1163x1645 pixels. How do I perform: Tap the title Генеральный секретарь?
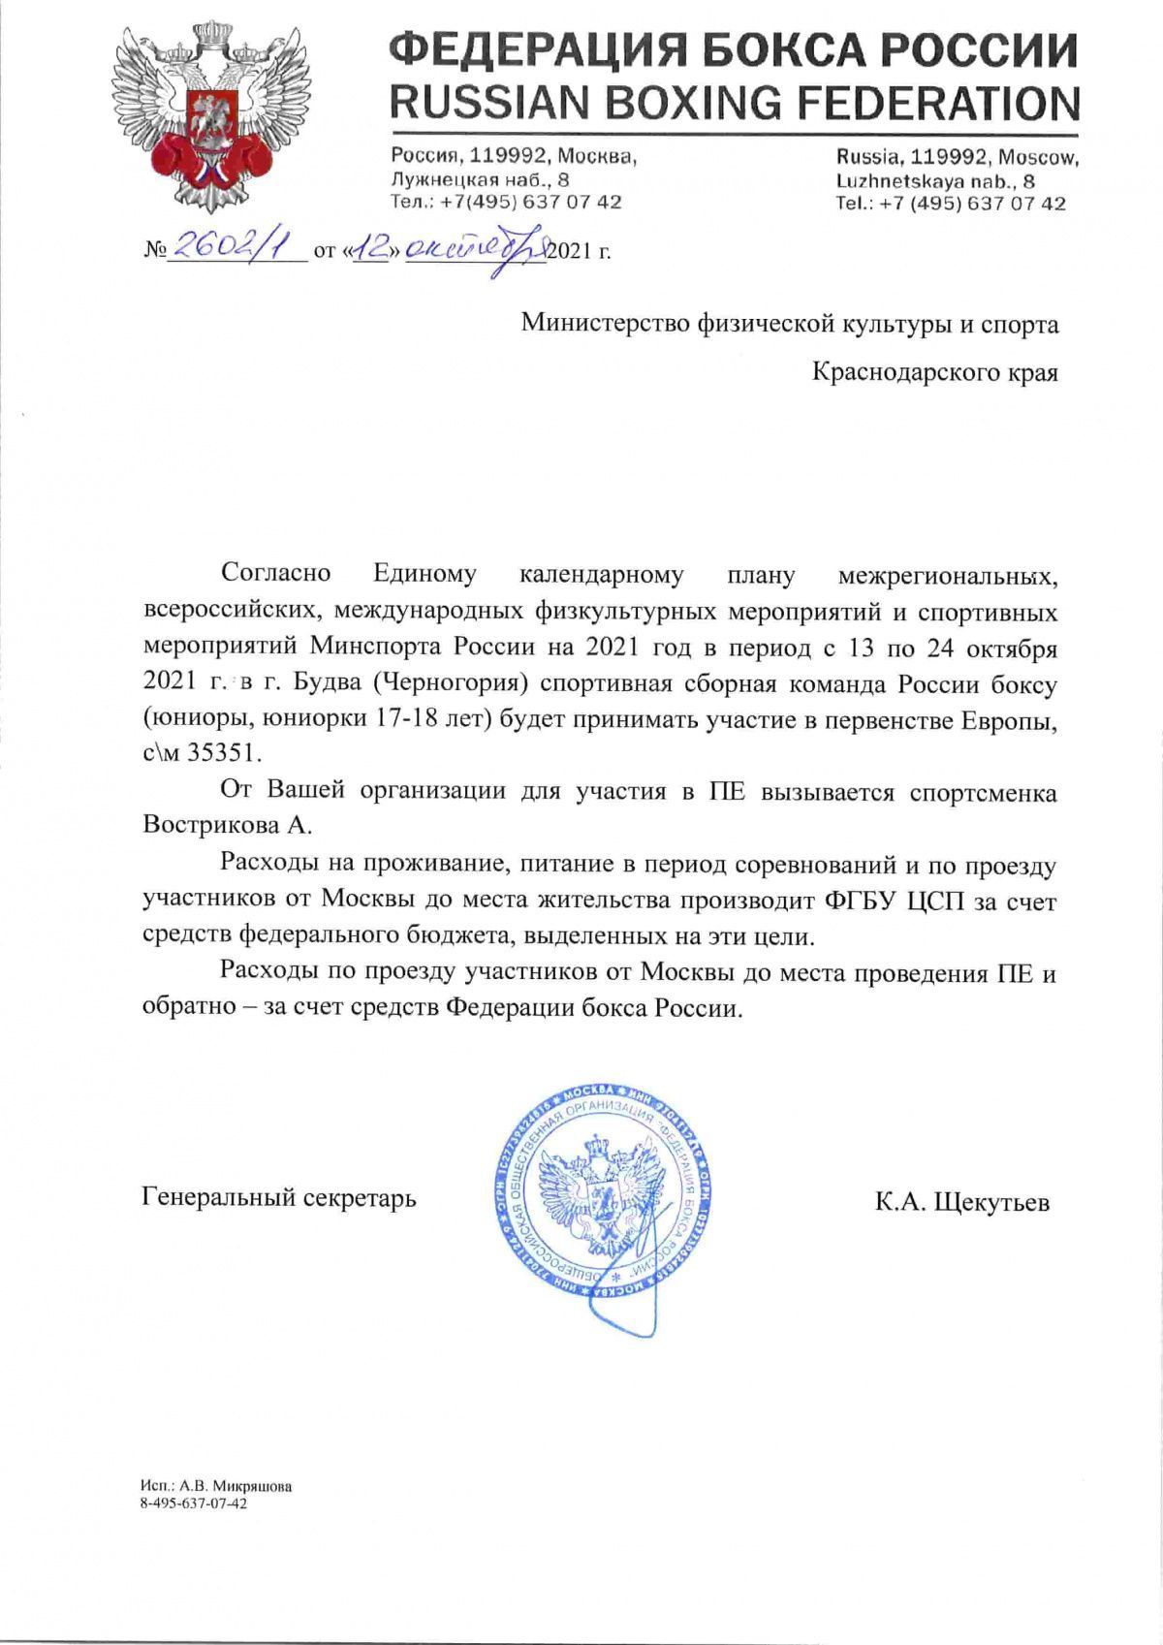279,1197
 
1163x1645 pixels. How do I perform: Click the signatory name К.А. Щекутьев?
961,1203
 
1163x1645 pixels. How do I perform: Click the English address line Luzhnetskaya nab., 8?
935,180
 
